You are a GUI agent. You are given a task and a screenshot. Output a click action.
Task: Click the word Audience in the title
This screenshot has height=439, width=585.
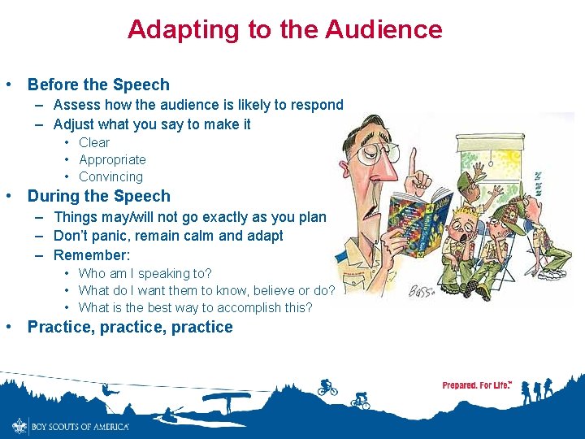tap(383, 29)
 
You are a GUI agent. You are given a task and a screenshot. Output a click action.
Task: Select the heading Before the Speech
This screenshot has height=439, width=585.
tap(98, 85)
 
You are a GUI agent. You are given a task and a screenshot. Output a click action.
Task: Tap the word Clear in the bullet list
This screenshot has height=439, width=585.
tap(94, 142)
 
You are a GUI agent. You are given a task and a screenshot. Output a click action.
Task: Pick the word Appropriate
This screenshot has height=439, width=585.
tap(112, 159)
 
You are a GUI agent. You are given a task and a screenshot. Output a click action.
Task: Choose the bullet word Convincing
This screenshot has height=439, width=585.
tap(110, 176)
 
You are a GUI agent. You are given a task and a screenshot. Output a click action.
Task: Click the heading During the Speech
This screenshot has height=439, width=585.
tap(98, 196)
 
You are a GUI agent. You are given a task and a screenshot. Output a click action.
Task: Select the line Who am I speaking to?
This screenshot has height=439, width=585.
tap(145, 273)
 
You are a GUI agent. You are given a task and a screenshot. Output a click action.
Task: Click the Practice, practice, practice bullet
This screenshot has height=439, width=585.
tap(130, 327)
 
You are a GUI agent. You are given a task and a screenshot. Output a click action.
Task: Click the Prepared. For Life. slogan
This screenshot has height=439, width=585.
tap(477, 385)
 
